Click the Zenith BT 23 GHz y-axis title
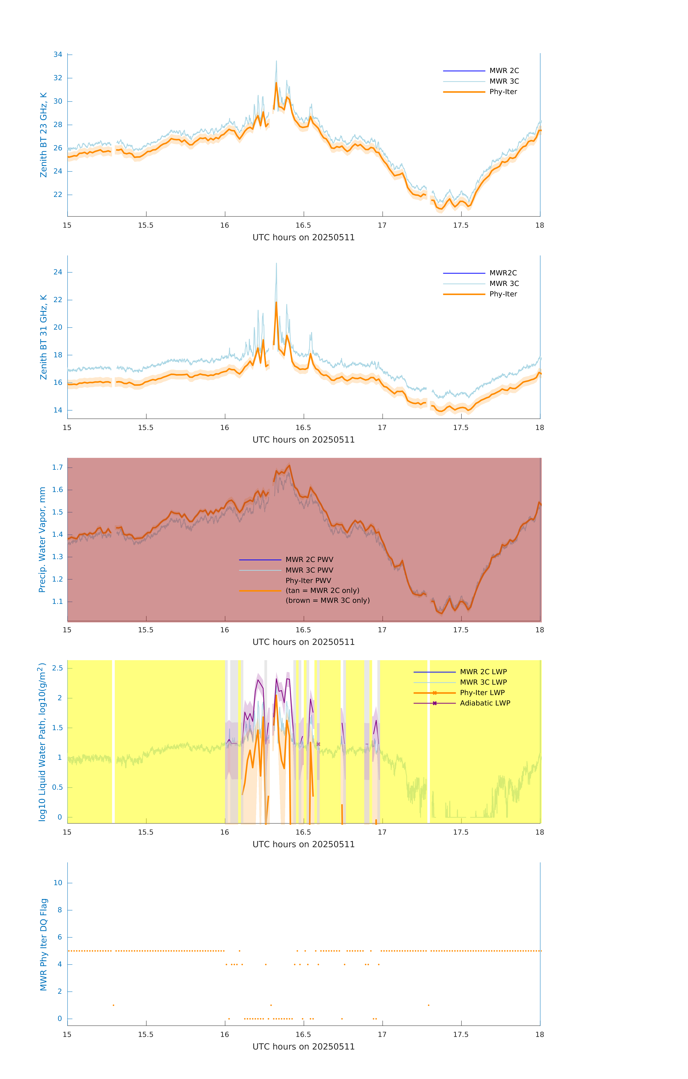pyautogui.click(x=44, y=135)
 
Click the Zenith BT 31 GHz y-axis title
pyautogui.click(x=44, y=337)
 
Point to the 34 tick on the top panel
pyautogui.click(x=58, y=55)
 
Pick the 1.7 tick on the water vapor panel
pyautogui.click(x=57, y=467)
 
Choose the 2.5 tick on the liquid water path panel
pyautogui.click(x=57, y=668)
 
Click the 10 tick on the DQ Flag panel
pyautogui.click(x=58, y=883)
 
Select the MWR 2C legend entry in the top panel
pyautogui.click(x=504, y=71)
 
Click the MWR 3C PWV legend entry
pyautogui.click(x=309, y=570)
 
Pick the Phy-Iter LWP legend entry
pyautogui.click(x=482, y=693)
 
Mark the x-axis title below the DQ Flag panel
pyautogui.click(x=303, y=1047)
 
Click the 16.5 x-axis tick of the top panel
pyautogui.click(x=303, y=225)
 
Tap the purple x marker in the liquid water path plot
pyautogui.click(x=318, y=744)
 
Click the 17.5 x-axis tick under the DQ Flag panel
pyautogui.click(x=461, y=1035)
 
